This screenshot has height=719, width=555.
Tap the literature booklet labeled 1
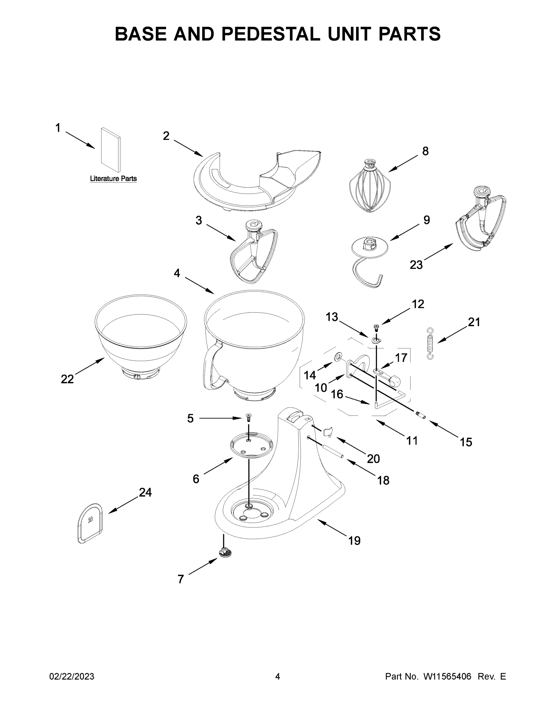pos(111,150)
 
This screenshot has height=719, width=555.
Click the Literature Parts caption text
pos(113,179)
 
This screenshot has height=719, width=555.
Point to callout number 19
pos(354,540)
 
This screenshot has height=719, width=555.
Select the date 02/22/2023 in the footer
pos(72,676)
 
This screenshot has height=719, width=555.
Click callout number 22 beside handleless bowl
pos(67,379)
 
